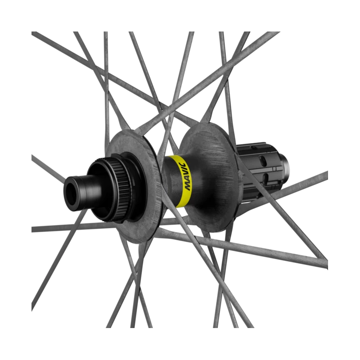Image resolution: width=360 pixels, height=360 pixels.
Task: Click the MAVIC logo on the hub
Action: [185, 176]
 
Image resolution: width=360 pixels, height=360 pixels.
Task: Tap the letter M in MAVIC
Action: [188, 186]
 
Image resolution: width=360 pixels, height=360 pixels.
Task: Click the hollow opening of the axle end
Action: [71, 194]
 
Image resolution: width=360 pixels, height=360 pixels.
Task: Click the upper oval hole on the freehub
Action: [263, 161]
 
